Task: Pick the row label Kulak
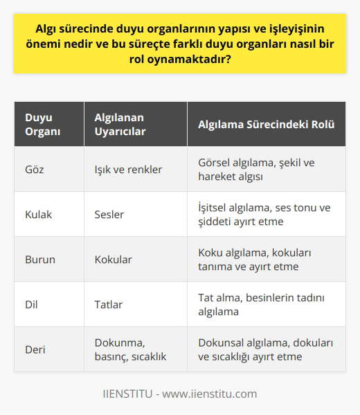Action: pyautogui.click(x=37, y=214)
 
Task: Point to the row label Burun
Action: pyautogui.click(x=39, y=259)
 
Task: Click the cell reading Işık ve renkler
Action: pyautogui.click(x=128, y=168)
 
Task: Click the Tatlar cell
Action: pyautogui.click(x=108, y=304)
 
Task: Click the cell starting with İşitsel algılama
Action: pyautogui.click(x=264, y=214)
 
